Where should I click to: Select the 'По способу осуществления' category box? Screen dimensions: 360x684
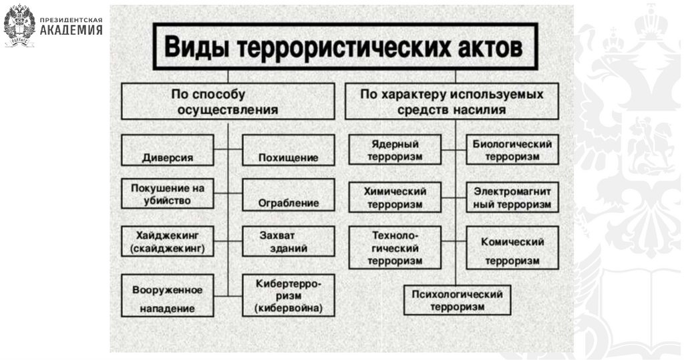[x=228, y=101]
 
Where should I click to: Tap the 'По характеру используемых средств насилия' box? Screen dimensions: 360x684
[x=452, y=101]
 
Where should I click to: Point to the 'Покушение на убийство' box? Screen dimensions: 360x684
[x=168, y=194]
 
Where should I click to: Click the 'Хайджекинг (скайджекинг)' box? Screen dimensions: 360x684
[x=168, y=241]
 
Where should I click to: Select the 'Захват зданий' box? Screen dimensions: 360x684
[x=288, y=241]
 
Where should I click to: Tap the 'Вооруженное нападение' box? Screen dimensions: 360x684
[x=168, y=298]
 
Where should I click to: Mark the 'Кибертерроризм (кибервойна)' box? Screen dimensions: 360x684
[x=288, y=295]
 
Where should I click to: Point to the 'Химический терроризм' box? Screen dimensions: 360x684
[x=395, y=197]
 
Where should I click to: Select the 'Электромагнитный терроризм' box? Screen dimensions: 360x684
[x=512, y=197]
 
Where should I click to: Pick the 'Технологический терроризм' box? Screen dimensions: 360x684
[x=395, y=247]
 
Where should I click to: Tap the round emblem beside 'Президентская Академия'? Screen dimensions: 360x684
[x=19, y=25]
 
